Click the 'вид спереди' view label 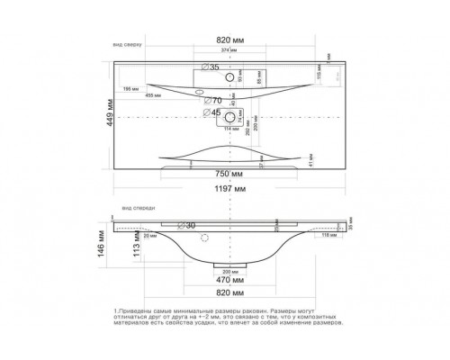pyautogui.click(x=129, y=205)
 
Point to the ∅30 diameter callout pyautogui.click(x=187, y=225)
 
